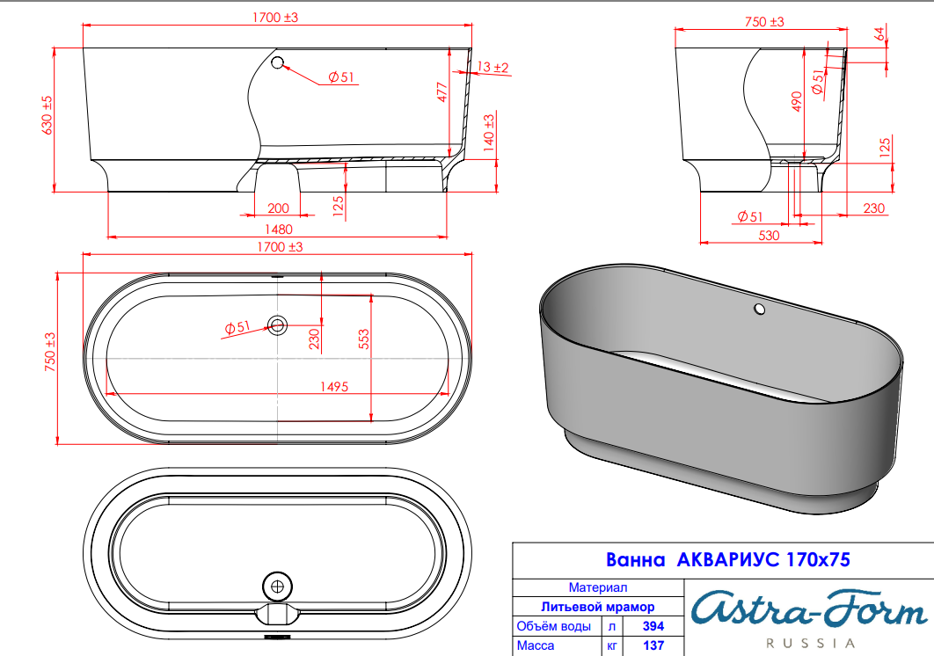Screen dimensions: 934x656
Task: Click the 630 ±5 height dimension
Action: (x=47, y=115)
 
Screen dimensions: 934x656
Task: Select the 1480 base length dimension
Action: (x=278, y=230)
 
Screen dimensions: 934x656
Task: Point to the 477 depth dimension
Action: (x=442, y=91)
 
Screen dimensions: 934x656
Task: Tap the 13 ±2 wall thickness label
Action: (x=493, y=68)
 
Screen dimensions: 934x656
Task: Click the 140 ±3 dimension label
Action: (x=489, y=132)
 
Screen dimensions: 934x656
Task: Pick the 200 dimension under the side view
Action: (x=278, y=208)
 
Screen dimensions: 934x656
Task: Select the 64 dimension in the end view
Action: (x=880, y=33)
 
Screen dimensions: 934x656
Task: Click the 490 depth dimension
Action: (x=797, y=101)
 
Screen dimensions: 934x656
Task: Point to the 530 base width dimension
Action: (x=769, y=236)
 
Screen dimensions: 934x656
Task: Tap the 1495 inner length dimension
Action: (x=334, y=387)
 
